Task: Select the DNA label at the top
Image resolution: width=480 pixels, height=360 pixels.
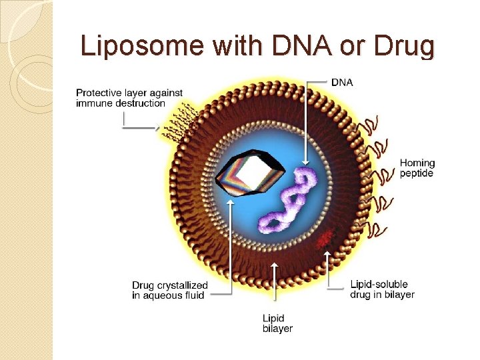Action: coord(342,82)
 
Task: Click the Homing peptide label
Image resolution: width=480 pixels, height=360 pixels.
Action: coord(417,168)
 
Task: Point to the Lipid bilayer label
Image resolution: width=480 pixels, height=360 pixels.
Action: coord(277,323)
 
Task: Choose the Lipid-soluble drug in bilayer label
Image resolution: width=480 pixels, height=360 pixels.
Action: coord(382,289)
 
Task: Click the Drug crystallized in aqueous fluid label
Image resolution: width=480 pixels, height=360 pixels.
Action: coord(169,290)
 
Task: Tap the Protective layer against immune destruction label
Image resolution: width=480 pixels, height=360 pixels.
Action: coord(129,97)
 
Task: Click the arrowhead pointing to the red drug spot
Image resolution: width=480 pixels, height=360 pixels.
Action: coord(327,253)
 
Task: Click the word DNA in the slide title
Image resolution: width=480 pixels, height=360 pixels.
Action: coord(297,46)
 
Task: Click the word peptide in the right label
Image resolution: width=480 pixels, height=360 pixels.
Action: coord(417,173)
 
